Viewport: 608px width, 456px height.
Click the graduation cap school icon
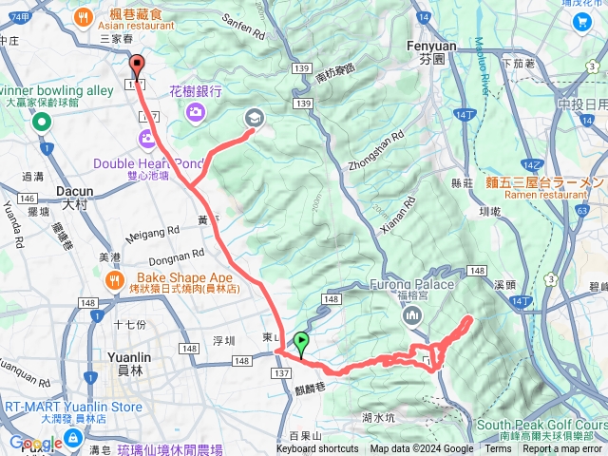pos(254,118)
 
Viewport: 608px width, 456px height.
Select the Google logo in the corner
pos(36,443)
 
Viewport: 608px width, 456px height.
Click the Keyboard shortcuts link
pos(317,449)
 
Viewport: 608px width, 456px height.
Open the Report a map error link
pos(562,449)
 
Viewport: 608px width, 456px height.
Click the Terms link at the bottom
pos(498,449)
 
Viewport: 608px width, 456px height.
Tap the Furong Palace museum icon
pos(412,314)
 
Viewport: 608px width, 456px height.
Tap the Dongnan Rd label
pos(178,256)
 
